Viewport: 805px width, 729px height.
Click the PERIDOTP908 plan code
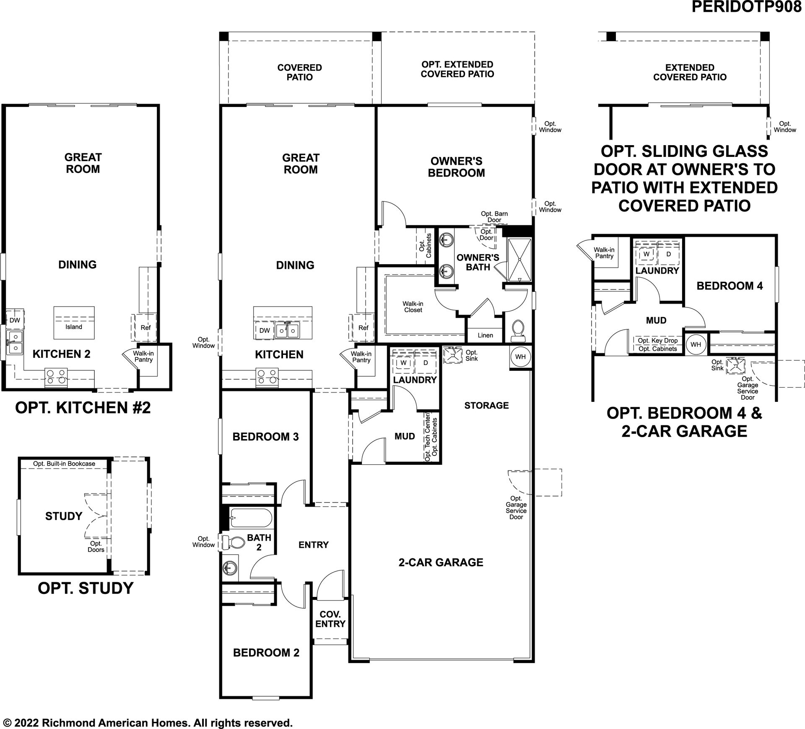746,7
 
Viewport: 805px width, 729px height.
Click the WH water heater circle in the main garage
520,357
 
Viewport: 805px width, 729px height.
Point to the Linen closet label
485,335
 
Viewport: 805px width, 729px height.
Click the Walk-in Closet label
413,307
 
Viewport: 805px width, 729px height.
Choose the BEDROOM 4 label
730,286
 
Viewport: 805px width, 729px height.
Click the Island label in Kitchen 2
74,327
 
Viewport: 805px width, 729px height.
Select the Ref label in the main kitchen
363,328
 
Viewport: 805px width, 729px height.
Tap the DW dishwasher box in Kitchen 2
15,320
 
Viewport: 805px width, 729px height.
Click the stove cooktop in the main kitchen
267,376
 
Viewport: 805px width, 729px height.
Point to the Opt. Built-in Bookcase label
64,463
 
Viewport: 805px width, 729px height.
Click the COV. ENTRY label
330,619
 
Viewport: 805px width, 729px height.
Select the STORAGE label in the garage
486,405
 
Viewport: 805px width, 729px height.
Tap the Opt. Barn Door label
494,217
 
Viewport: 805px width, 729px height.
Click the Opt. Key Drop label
658,341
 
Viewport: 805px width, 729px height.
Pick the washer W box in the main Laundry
403,362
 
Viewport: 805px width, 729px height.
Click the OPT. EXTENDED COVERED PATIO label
457,69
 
